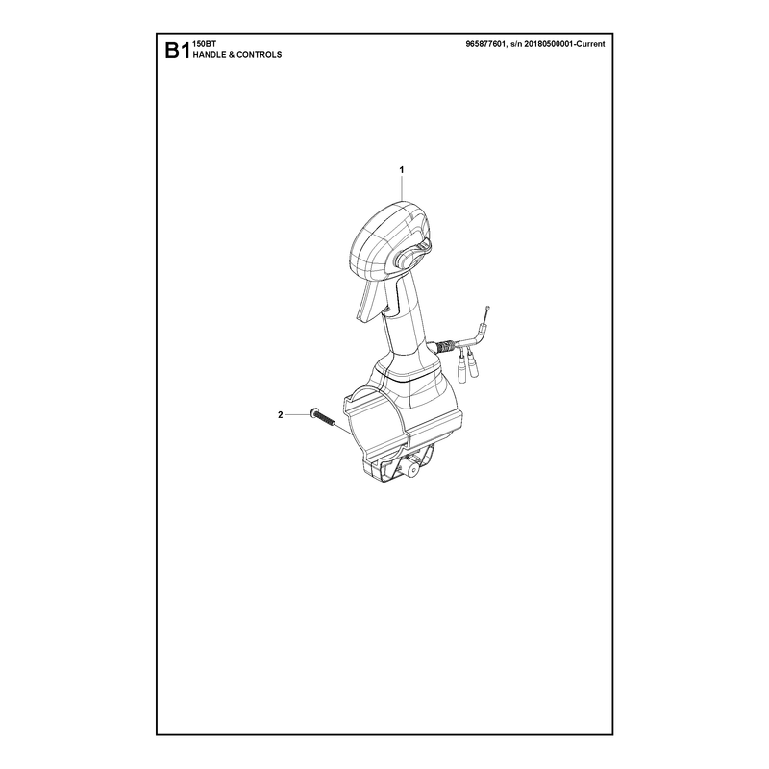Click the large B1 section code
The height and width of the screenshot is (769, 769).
tap(177, 51)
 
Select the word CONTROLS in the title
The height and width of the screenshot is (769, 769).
tap(259, 55)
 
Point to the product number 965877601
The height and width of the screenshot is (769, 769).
tap(485, 44)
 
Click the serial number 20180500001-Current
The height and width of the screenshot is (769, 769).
tap(564, 44)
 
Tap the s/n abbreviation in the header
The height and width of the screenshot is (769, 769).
tap(516, 44)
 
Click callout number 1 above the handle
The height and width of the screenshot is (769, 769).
tap(402, 170)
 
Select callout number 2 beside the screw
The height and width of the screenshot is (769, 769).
tap(281, 415)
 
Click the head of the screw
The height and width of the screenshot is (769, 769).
tap(313, 413)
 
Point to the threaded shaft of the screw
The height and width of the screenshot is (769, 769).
tap(326, 420)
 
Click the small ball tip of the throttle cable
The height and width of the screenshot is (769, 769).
tap(488, 308)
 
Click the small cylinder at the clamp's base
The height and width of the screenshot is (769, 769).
tap(409, 470)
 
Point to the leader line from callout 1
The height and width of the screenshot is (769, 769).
tap(402, 187)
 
